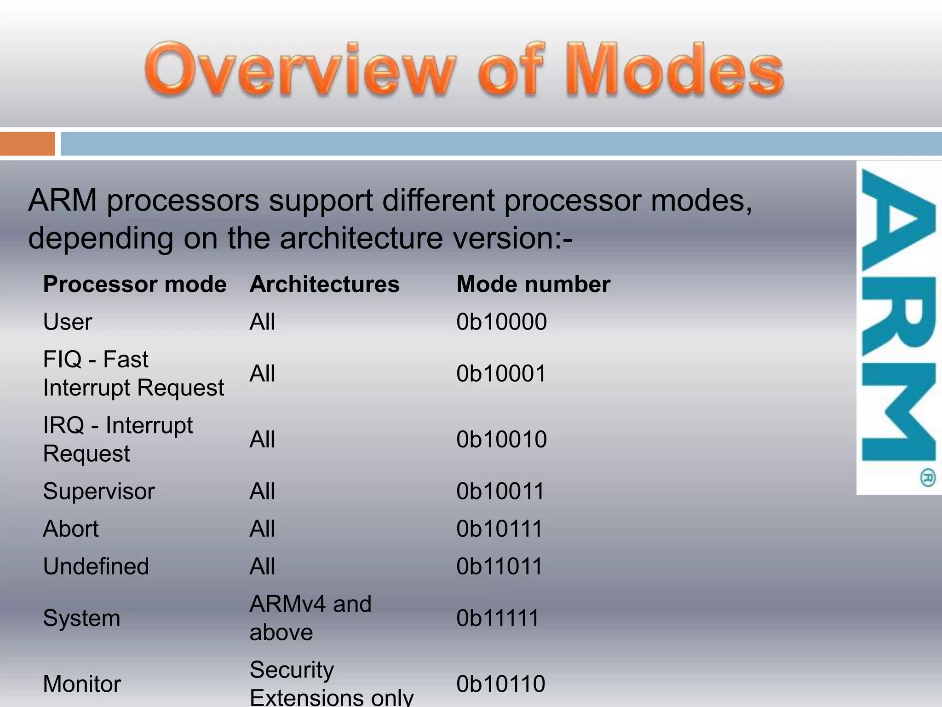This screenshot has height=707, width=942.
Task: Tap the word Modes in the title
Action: [x=674, y=70]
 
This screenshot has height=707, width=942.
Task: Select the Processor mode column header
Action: [x=135, y=284]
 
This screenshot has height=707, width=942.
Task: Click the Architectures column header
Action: [x=324, y=284]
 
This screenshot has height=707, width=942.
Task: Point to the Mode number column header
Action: [x=533, y=284]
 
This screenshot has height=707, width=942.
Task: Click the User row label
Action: [x=68, y=322]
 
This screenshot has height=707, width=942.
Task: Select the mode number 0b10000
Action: [x=501, y=322]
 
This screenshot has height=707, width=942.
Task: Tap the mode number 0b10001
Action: [x=501, y=373]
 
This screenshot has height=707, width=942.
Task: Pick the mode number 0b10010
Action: [x=501, y=439]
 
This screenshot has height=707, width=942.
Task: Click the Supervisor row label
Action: [x=99, y=491]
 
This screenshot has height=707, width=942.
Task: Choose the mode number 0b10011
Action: [x=500, y=491]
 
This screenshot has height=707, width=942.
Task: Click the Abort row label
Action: [x=71, y=529]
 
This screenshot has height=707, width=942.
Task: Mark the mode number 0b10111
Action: [x=500, y=529]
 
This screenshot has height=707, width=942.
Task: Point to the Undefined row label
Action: [x=96, y=567]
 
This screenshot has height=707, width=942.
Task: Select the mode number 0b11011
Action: [x=500, y=567]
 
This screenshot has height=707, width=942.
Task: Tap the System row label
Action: [x=81, y=618]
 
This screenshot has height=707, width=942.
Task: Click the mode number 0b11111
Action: [x=498, y=618]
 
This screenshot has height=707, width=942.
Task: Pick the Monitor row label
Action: [x=82, y=684]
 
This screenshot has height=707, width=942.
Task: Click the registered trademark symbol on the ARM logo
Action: [x=928, y=477]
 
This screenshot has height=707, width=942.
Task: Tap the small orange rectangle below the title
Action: [x=27, y=144]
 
